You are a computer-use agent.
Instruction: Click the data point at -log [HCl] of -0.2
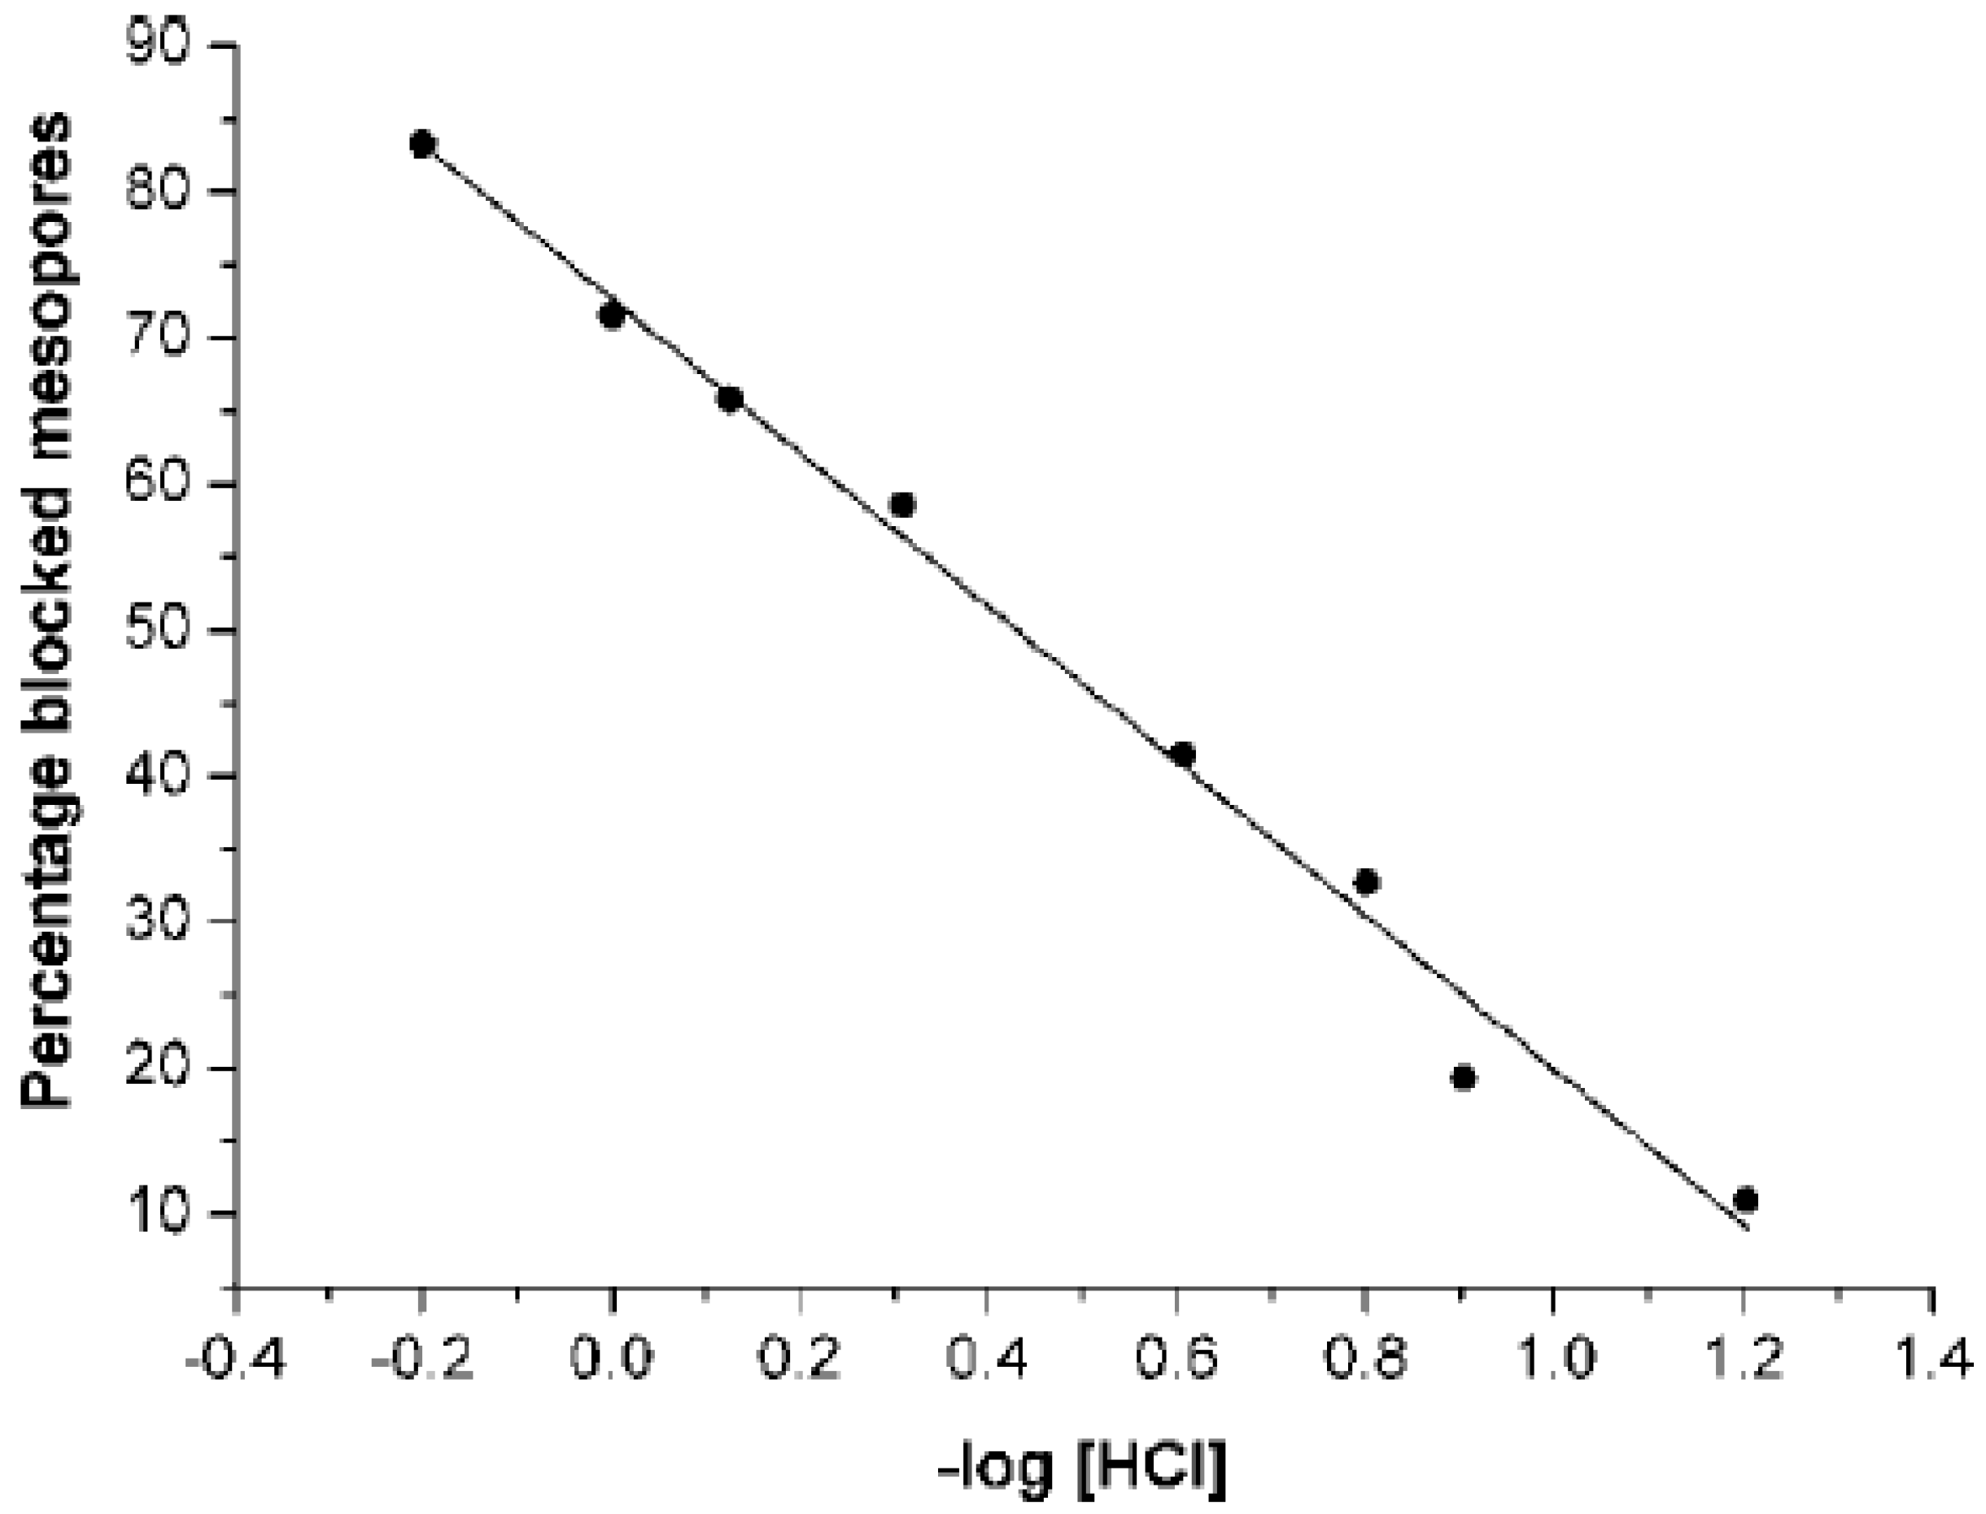(x=422, y=144)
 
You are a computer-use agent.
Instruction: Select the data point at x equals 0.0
(x=612, y=315)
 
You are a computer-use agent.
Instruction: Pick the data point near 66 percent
(x=731, y=399)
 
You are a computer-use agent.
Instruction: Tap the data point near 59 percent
(x=902, y=505)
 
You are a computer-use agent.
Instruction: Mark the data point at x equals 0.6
(x=1184, y=755)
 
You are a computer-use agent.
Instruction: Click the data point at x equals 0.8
(x=1367, y=882)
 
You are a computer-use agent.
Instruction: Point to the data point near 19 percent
(x=1464, y=1078)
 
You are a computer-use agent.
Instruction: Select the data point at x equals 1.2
(x=1746, y=1200)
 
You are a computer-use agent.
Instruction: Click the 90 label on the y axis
(x=162, y=45)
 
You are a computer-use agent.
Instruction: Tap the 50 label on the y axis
(x=162, y=630)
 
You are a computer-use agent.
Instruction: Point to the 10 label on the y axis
(x=162, y=1214)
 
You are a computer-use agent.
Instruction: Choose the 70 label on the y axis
(x=162, y=338)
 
